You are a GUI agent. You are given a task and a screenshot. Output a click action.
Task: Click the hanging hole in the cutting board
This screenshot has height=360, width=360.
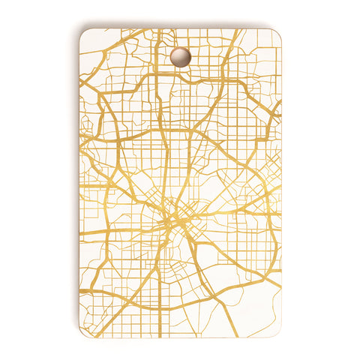[x=180, y=56]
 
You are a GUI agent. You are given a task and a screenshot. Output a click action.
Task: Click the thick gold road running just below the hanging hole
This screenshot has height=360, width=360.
[x=180, y=75]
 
